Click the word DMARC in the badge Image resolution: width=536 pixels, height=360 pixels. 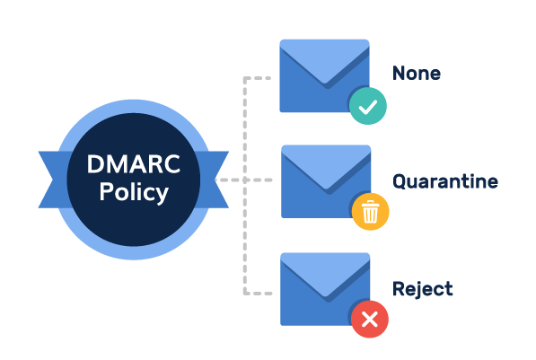click(133, 164)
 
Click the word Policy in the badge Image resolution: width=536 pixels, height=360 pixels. click(134, 192)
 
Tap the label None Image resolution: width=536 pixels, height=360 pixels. click(417, 73)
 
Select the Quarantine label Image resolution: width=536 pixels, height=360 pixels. click(445, 181)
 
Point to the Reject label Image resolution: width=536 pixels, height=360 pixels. click(423, 289)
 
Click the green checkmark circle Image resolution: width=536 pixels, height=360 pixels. click(368, 106)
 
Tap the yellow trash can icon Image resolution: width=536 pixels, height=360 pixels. click(370, 212)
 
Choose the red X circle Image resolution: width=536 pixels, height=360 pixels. click(370, 320)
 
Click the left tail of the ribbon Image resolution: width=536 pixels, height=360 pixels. click(51, 180)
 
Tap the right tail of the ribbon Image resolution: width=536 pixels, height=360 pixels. click(215, 180)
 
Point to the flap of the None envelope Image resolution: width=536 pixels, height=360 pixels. click(325, 60)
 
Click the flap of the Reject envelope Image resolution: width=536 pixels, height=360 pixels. click(325, 274)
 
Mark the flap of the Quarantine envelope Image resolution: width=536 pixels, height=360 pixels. click(326, 166)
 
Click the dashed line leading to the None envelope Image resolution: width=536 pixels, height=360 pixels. click(245, 102)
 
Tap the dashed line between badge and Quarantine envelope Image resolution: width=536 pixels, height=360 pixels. click(243, 180)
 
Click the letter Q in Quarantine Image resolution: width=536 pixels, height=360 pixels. click(399, 182)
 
